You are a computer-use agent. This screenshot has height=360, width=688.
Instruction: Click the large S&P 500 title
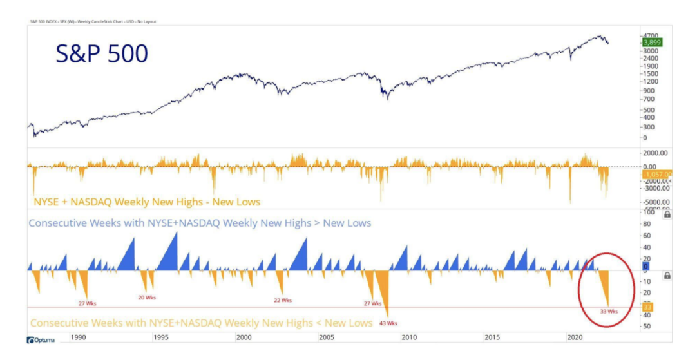click(x=102, y=53)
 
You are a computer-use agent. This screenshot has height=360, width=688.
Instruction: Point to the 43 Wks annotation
click(x=388, y=323)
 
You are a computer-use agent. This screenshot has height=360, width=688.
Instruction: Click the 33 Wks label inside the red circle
click(x=609, y=311)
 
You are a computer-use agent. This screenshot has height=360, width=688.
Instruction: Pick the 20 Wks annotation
click(x=146, y=298)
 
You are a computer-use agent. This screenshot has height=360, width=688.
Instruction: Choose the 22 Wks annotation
click(x=282, y=300)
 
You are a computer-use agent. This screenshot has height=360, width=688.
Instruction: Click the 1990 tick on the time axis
click(x=78, y=337)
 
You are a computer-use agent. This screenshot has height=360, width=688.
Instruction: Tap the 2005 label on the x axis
click(x=326, y=337)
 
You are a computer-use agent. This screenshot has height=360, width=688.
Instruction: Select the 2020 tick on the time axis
click(x=575, y=337)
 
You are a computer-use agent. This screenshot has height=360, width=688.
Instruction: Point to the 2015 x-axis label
click(x=492, y=337)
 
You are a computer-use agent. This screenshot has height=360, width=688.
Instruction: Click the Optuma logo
click(x=41, y=339)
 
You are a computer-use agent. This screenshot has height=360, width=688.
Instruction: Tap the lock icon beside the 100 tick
click(x=667, y=214)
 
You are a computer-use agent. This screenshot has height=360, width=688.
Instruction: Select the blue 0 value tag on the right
click(x=645, y=265)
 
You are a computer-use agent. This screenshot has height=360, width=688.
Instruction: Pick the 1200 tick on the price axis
click(x=649, y=82)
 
